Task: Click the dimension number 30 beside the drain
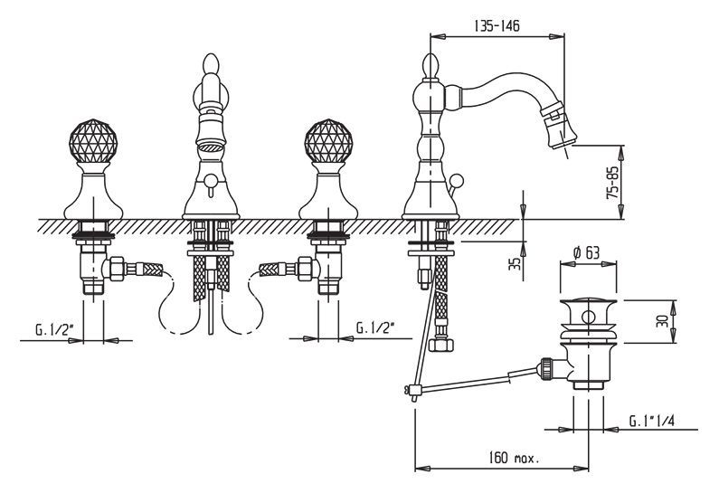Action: coord(661,321)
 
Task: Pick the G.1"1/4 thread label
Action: coord(654,420)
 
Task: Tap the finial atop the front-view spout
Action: coord(210,69)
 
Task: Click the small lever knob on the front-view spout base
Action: coord(209,188)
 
